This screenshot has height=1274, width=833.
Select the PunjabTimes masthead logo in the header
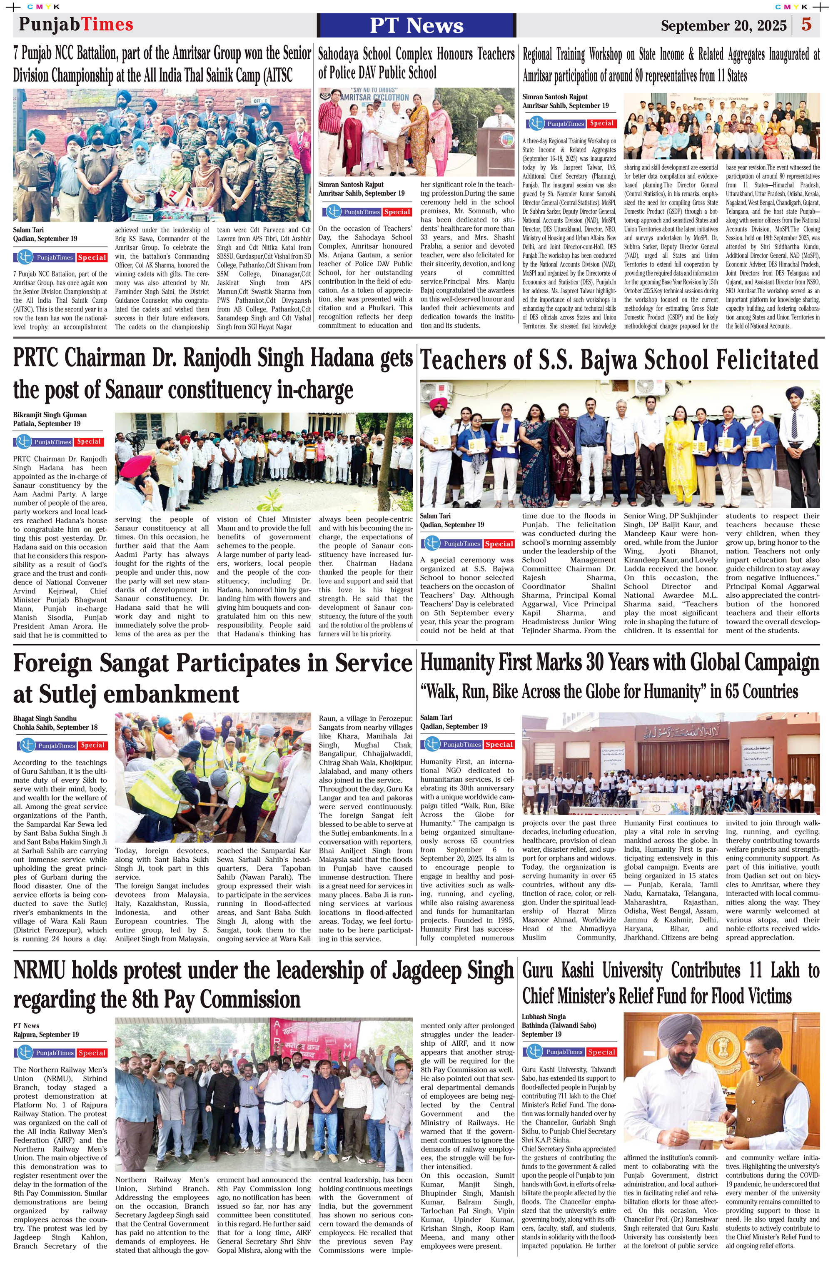[x=76, y=25]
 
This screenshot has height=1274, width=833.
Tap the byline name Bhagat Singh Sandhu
[x=45, y=718]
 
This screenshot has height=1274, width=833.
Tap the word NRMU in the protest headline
[x=39, y=970]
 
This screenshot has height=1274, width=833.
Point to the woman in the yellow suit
[x=683, y=444]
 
